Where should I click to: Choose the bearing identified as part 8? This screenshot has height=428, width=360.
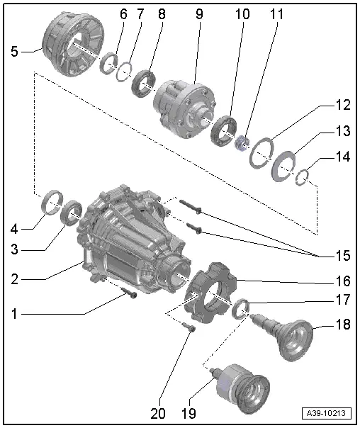pos(146,82)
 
